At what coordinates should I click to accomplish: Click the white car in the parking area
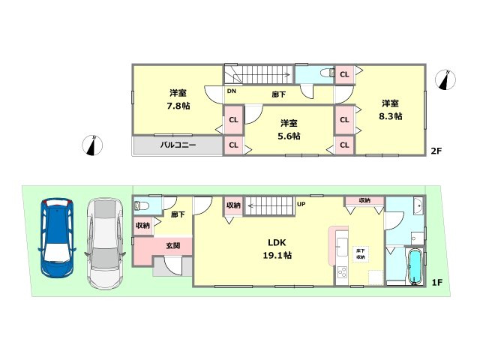103,242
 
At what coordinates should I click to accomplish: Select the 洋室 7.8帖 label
178,99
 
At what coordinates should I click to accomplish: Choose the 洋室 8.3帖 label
390,109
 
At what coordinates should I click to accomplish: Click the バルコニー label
178,145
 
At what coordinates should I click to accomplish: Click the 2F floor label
436,151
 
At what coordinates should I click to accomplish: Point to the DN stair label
232,91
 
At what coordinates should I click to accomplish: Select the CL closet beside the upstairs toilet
344,73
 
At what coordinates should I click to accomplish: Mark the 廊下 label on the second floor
278,94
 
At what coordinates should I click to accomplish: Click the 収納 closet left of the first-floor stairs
233,205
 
